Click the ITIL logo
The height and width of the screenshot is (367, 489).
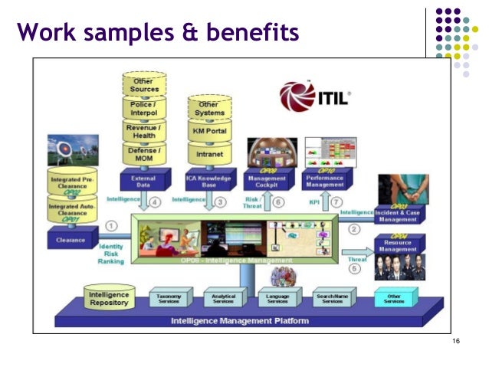[x=315, y=97]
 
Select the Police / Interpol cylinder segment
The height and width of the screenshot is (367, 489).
[x=144, y=109]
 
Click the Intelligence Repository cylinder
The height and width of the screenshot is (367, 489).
[x=109, y=298]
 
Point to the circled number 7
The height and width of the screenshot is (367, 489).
[x=334, y=203]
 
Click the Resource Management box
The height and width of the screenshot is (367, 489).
[x=399, y=247]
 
